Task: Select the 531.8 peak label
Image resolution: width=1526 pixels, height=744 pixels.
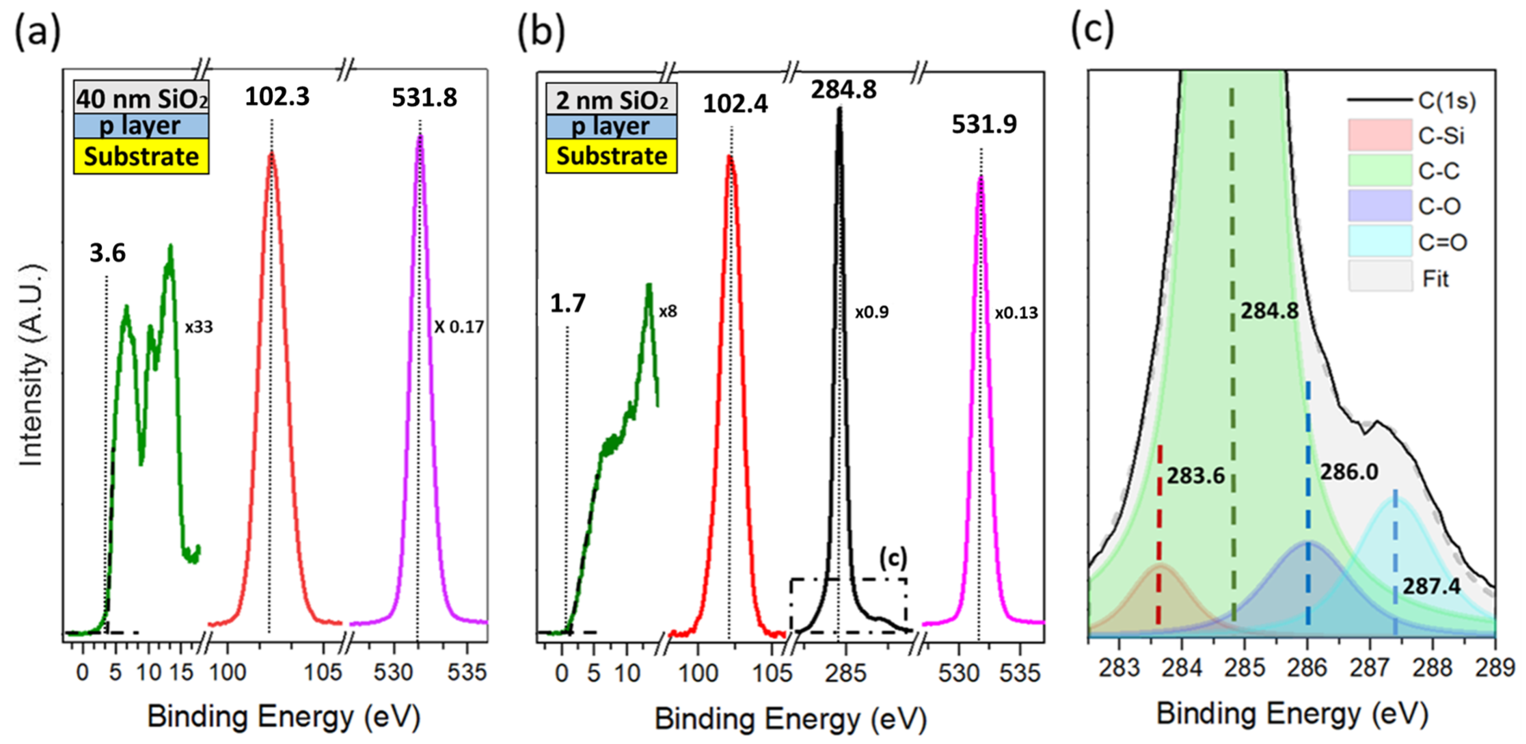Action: (x=424, y=98)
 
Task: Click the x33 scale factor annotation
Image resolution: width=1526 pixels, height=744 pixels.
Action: (x=198, y=327)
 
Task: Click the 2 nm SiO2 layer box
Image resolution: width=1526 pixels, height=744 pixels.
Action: (x=611, y=100)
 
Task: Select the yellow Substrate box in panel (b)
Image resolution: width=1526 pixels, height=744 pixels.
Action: (x=611, y=156)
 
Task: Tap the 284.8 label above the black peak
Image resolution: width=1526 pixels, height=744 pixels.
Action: (x=843, y=90)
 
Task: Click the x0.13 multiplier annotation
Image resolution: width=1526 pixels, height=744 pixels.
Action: (x=1016, y=313)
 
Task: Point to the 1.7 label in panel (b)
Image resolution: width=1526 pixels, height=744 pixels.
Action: (x=567, y=304)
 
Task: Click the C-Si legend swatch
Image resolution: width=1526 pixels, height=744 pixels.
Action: (x=1380, y=135)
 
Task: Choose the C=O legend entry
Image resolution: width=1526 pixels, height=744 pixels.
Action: (x=1442, y=242)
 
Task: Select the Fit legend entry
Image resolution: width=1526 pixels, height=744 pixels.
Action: (x=1435, y=278)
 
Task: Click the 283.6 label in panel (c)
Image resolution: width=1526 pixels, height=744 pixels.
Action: (x=1195, y=476)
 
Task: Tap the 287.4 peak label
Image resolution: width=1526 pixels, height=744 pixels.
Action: (x=1431, y=587)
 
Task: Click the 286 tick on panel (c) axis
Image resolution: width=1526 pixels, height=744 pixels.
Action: (x=1307, y=668)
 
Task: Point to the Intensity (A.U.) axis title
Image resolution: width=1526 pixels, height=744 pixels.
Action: (x=31, y=364)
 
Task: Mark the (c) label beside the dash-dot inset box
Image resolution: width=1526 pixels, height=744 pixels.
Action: (x=892, y=558)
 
